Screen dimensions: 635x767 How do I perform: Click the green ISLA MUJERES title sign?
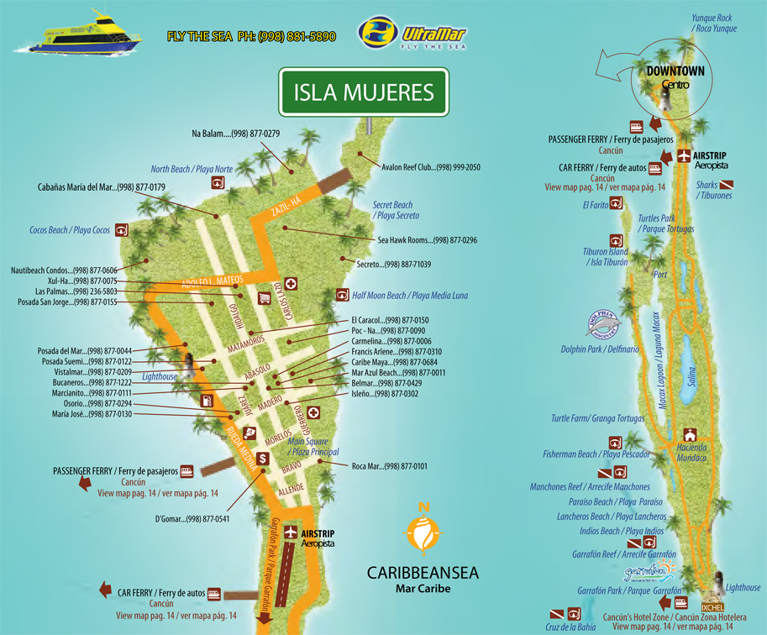pos(363,91)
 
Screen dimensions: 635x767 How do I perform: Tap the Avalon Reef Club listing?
pos(430,167)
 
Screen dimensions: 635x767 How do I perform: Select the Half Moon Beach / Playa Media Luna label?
pos(410,296)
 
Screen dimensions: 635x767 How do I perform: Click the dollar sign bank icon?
pos(263,458)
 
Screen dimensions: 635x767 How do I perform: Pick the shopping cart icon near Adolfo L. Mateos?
pos(264,297)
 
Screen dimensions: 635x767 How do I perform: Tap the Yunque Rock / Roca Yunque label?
pos(714,23)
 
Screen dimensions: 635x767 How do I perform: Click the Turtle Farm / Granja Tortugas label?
pos(598,418)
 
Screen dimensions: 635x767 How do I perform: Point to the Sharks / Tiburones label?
pos(714,190)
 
